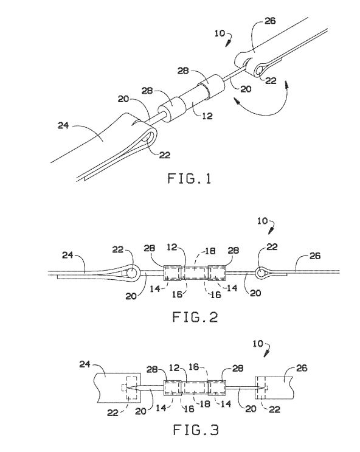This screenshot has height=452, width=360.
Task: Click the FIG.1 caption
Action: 189,178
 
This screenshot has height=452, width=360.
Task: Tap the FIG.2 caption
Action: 195,317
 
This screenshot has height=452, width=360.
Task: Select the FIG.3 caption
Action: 196,429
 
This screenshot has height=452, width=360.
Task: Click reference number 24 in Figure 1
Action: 63,126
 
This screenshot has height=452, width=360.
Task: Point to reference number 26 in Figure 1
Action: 270,21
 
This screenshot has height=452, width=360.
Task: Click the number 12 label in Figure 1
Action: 207,116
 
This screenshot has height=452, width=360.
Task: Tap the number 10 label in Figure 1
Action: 220,33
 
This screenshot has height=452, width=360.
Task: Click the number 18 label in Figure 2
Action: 210,251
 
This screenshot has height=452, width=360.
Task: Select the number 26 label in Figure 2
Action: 315,256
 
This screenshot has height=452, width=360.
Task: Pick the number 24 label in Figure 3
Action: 85,364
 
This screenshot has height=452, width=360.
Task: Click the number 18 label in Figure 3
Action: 205,403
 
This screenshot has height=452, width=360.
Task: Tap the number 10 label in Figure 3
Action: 258,344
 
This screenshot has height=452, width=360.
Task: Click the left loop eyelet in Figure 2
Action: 133,273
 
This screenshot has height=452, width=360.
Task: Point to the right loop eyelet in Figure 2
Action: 261,272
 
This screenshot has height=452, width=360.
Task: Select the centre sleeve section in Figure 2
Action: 195,273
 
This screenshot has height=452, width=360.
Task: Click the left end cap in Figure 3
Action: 173,388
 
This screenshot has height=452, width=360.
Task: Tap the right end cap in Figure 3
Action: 217,388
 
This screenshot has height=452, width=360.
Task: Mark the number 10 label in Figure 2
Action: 262,221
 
